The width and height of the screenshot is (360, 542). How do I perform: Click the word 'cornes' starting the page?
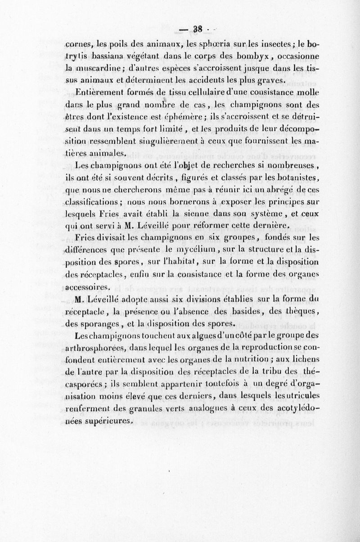pos(79,45)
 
